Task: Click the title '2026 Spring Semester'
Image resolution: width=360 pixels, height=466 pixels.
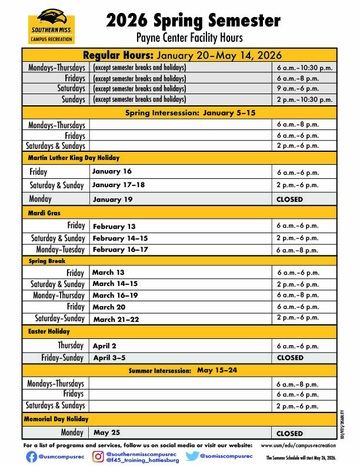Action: [x=193, y=21]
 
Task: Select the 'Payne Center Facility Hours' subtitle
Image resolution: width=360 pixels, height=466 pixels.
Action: [x=189, y=38]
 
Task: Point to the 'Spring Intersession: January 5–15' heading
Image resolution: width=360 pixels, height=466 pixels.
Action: [x=190, y=112]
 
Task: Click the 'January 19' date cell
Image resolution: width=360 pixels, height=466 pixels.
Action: [x=112, y=199]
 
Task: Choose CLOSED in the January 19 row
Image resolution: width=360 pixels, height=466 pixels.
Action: [x=289, y=199]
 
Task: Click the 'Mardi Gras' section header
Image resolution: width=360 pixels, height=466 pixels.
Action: [x=45, y=212]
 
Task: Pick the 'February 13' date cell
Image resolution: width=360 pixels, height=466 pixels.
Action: [x=114, y=227]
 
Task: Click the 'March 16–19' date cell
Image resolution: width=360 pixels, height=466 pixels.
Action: [x=115, y=295]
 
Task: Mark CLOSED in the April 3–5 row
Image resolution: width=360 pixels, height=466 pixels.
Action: [x=289, y=357]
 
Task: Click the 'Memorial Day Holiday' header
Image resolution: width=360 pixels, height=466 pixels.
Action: [x=56, y=419]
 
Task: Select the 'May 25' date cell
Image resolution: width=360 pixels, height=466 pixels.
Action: [x=106, y=432]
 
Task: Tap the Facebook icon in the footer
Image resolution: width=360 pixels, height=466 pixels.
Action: [x=31, y=457]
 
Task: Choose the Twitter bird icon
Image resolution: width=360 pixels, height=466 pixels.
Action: [x=192, y=456]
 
